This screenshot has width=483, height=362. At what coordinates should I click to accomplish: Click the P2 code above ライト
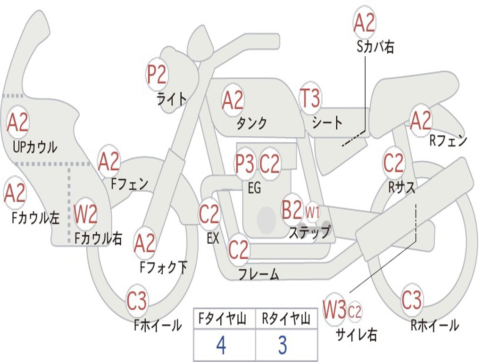(x=157, y=75)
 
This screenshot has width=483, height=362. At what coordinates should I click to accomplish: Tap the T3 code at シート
(x=310, y=99)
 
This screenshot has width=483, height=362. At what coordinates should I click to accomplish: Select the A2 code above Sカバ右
(x=364, y=23)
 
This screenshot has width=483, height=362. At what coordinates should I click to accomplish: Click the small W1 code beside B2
(x=313, y=212)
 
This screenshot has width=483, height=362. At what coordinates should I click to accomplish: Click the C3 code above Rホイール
(x=411, y=300)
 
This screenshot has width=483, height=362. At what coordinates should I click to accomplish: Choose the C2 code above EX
(x=209, y=215)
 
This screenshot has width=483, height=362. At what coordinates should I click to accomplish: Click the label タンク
(x=252, y=123)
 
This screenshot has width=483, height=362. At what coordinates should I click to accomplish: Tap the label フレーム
(x=258, y=274)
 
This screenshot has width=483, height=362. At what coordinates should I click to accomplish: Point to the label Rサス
(x=402, y=187)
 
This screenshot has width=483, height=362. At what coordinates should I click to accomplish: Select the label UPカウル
(x=35, y=147)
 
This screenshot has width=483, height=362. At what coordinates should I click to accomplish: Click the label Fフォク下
(x=164, y=267)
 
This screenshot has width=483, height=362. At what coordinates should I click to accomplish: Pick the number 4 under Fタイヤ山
(x=221, y=346)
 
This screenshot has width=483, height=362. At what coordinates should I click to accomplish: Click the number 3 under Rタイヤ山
(x=283, y=346)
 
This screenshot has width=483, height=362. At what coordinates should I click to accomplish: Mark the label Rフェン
(x=448, y=140)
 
